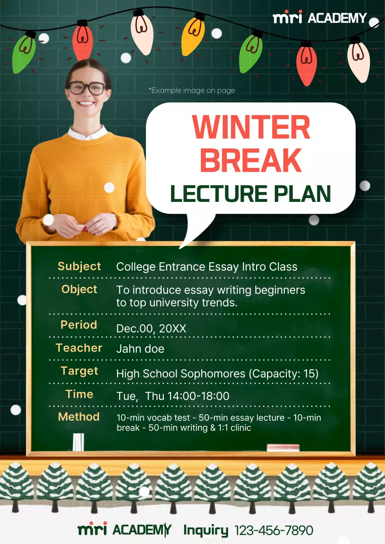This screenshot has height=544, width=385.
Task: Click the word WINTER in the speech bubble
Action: (251, 127)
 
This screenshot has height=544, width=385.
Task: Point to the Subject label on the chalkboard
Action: (80, 266)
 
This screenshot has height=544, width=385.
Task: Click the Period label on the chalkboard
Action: (79, 325)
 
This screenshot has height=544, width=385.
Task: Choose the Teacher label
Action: (79, 348)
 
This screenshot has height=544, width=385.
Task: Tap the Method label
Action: (79, 417)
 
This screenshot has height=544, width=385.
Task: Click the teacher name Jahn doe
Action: (140, 349)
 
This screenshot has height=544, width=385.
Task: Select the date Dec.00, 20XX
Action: (151, 329)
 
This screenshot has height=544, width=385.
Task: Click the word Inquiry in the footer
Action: (206, 530)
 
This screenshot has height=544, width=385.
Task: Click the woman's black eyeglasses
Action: (87, 88)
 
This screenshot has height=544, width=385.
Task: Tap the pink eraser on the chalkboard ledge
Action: (283, 447)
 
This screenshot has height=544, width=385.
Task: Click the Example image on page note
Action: (192, 91)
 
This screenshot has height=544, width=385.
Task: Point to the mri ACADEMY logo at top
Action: (319, 18)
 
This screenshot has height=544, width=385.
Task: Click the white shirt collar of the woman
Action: (87, 134)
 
